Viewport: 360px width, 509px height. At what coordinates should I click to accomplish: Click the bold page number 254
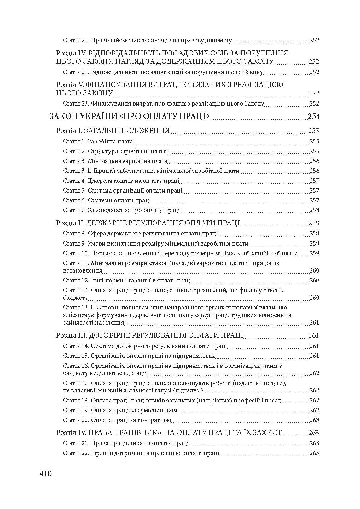click(314, 117)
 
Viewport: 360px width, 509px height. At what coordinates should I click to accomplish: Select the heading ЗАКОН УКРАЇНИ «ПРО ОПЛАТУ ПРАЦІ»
click(130, 117)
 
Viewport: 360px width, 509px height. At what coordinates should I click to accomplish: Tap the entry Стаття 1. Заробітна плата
click(98, 142)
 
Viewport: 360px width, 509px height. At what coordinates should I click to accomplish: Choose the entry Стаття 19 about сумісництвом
click(120, 410)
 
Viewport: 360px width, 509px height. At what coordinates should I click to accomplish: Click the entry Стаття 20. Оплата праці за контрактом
click(117, 420)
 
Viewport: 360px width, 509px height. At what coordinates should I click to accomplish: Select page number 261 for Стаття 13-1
click(314, 323)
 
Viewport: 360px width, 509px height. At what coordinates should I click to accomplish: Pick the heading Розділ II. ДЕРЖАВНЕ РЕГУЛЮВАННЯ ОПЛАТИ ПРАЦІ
click(148, 223)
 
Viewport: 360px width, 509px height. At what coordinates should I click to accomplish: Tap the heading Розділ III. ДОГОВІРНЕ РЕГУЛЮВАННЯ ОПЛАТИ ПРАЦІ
click(150, 335)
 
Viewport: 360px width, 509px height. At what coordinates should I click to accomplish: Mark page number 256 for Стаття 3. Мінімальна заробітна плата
click(314, 161)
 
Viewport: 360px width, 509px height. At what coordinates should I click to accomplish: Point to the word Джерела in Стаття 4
click(101, 181)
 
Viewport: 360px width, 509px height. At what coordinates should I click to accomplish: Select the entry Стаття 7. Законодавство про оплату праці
click(121, 210)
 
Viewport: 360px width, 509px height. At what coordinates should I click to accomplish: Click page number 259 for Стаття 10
click(314, 253)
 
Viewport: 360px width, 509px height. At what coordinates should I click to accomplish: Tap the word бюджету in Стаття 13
click(76, 298)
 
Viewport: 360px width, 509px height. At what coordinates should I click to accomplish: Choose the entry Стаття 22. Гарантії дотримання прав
click(141, 453)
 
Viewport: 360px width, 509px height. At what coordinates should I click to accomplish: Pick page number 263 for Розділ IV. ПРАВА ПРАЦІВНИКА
click(314, 433)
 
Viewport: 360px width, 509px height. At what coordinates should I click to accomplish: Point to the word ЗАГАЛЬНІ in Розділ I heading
click(101, 131)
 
